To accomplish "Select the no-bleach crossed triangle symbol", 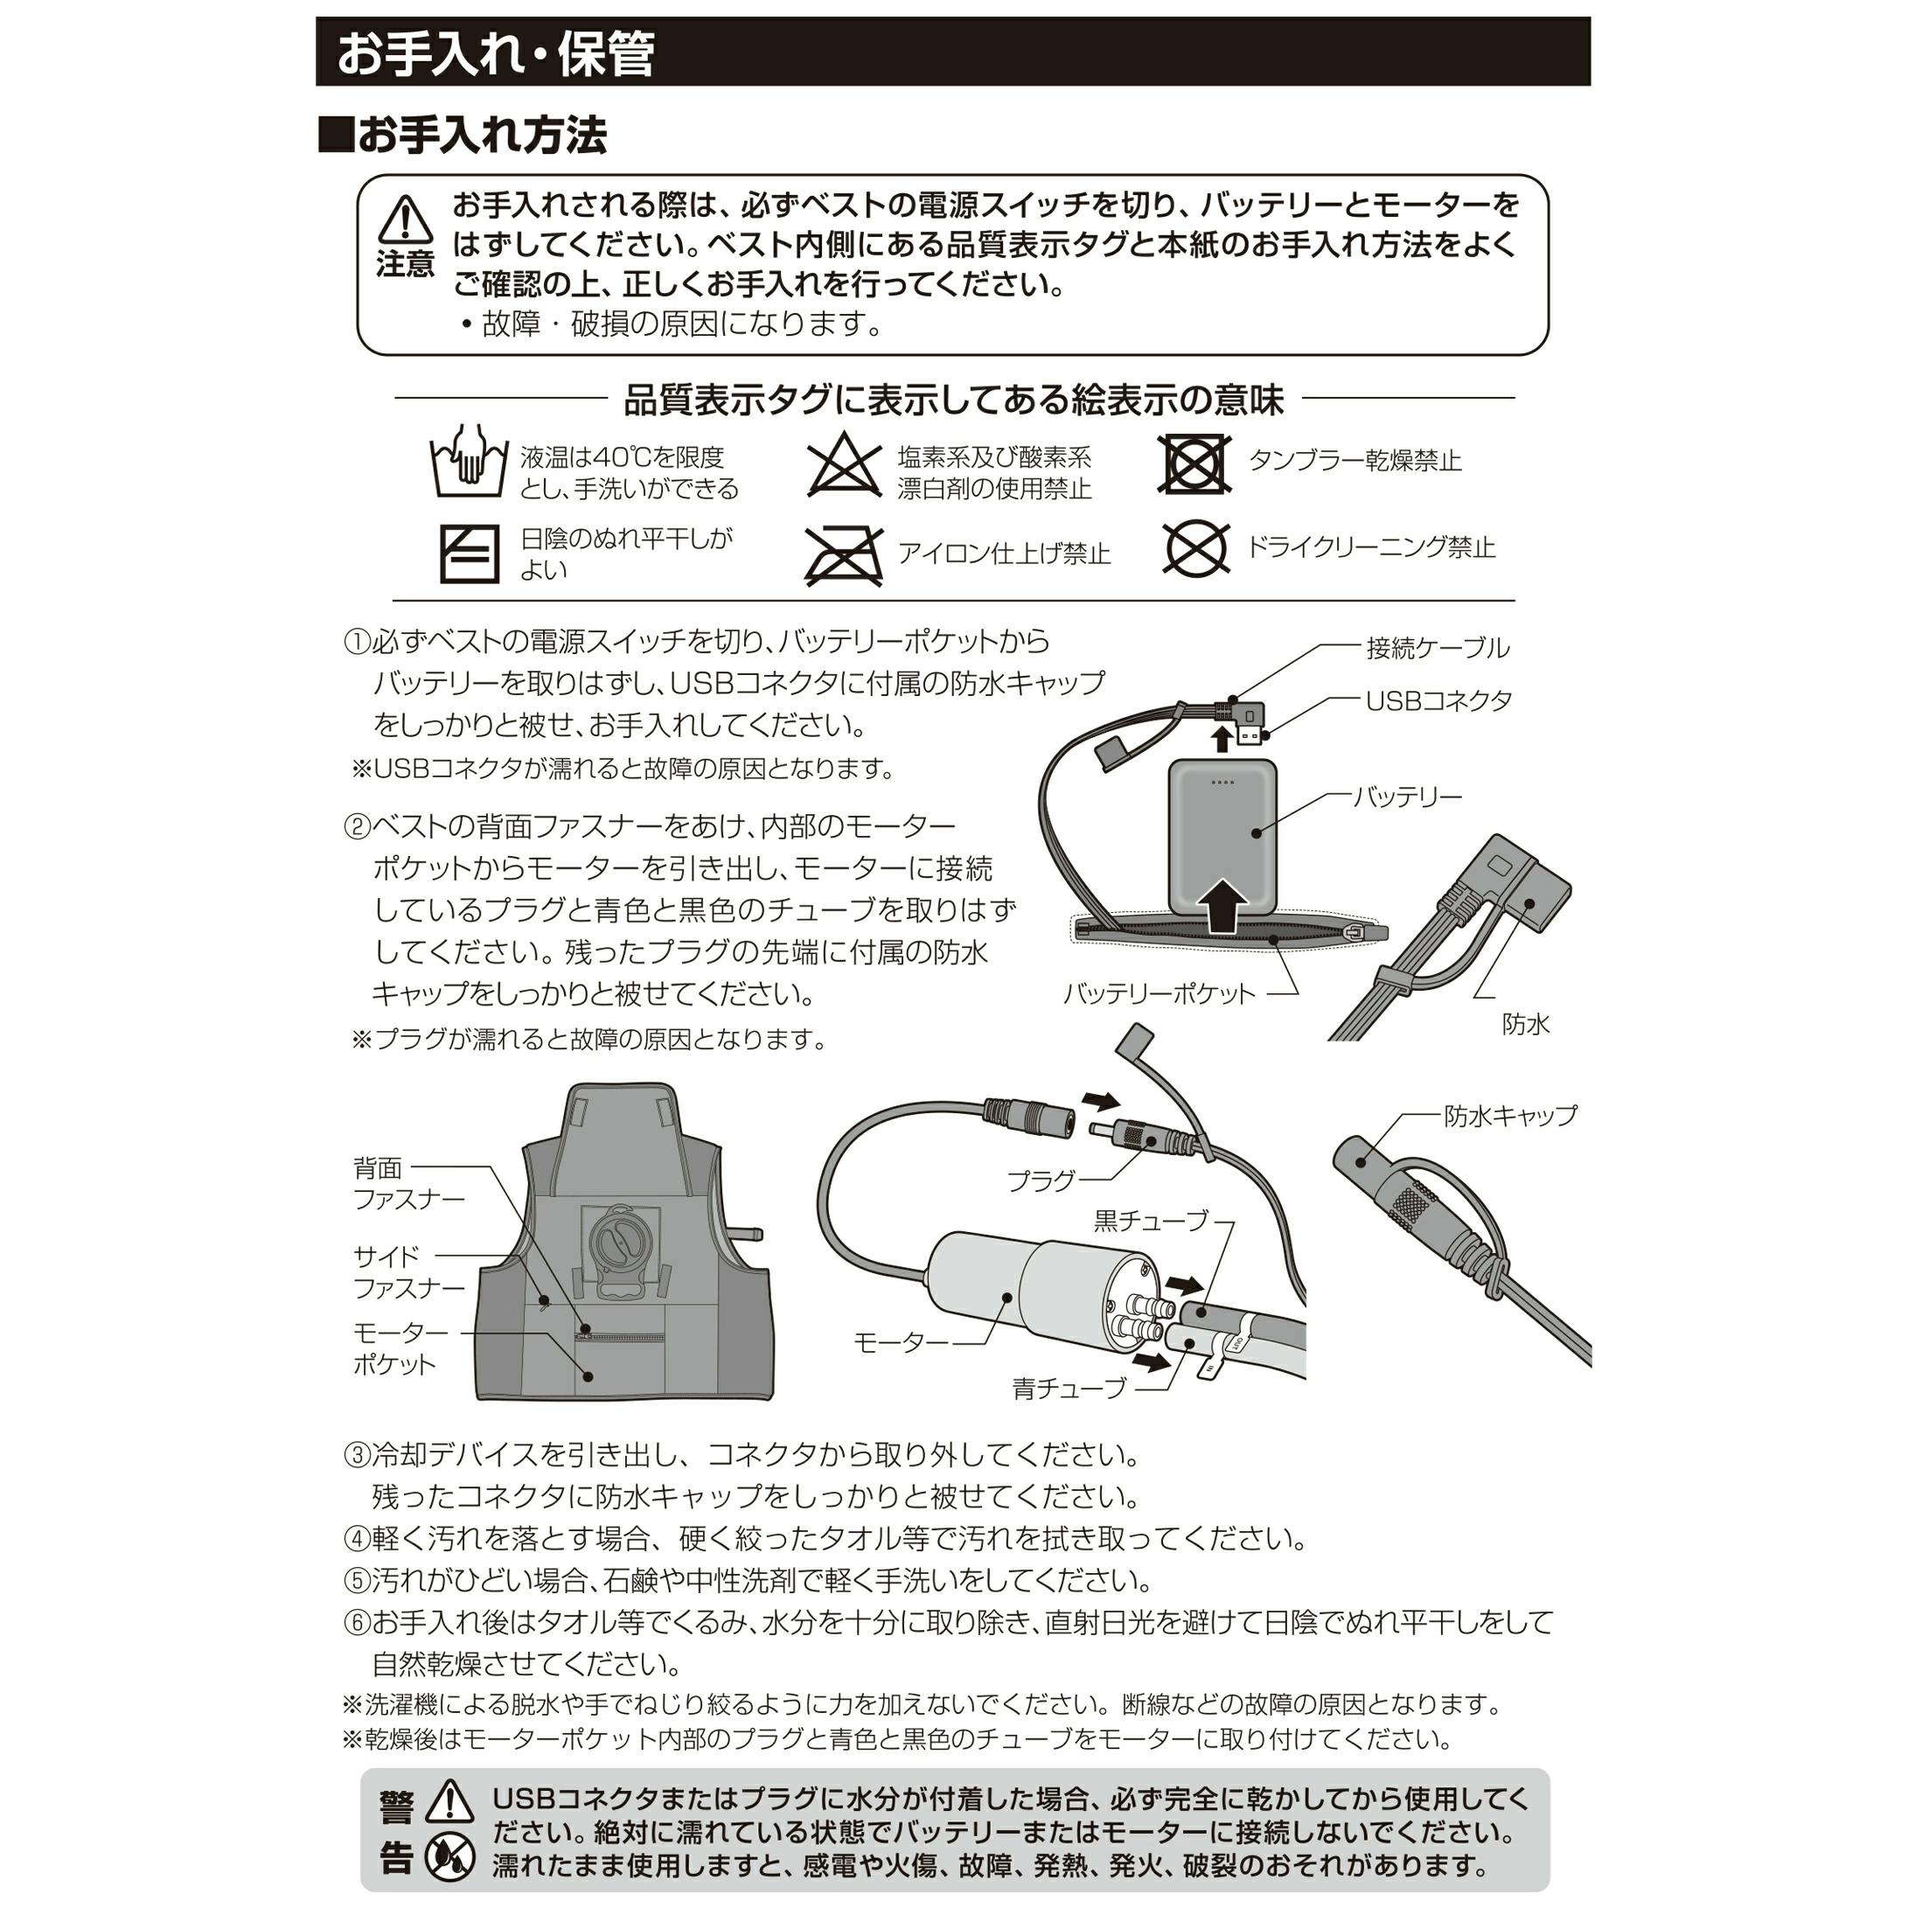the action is pos(845,464).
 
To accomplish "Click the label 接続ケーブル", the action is pos(1438,649).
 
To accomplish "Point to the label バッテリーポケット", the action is pos(1159,994).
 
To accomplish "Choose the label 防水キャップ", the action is pos(1511,1116).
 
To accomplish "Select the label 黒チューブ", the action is pos(1152,1222).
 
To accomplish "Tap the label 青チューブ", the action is pos(1069,1389).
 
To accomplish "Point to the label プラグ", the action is pos(1041,1181).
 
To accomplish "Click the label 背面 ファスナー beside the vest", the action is pos(407,1184).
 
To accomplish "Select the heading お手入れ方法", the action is pos(463,136).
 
